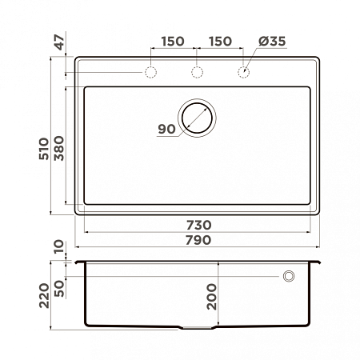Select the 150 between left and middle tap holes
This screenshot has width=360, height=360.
172,41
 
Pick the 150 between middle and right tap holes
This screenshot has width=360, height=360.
220,41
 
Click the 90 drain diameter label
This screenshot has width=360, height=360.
166,128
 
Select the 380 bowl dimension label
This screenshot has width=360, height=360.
58,146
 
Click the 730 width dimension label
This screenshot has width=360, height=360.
200,225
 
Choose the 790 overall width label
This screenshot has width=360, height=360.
198,240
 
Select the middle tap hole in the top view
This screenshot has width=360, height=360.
197,74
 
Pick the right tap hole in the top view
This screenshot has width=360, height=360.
244,74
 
